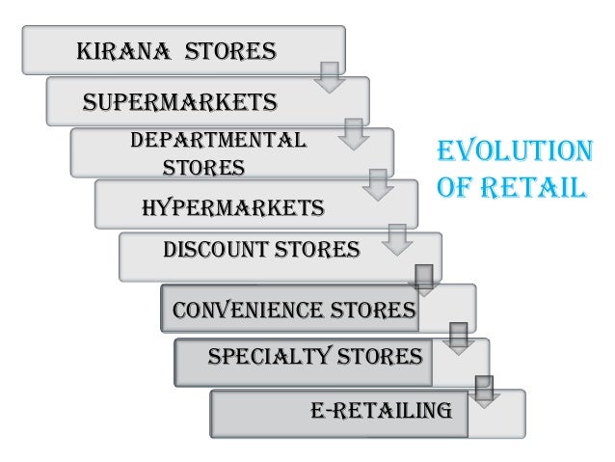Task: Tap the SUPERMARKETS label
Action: coord(180,101)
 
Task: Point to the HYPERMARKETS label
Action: coord(232,207)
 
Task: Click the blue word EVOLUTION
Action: coord(514,152)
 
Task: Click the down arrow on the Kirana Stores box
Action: coord(331,77)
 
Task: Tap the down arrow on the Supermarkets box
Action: coord(355,134)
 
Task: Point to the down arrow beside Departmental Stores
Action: coord(379,183)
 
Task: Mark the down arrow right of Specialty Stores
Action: coord(484,391)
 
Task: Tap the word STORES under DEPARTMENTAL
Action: coord(202,168)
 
